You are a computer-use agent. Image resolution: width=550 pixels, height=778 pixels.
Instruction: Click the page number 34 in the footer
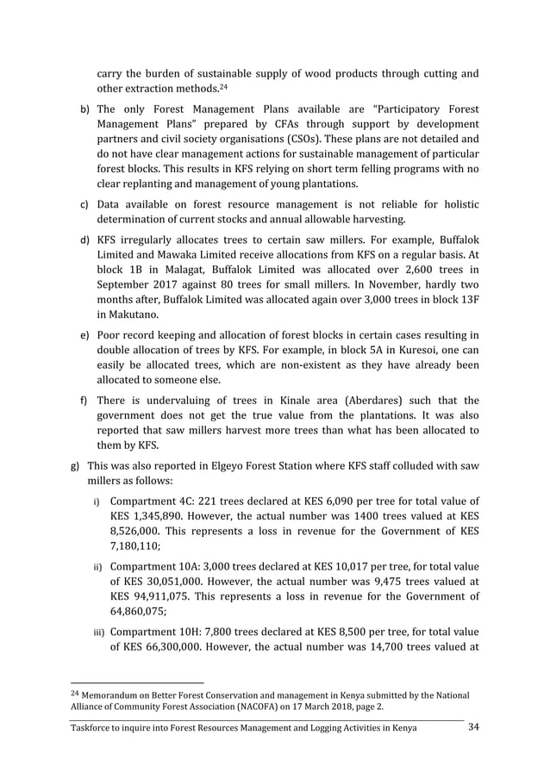coord(472,728)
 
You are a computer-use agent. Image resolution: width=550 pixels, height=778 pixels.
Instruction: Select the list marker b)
coord(84,111)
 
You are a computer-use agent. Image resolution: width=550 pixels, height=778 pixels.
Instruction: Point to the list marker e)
coord(84,333)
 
